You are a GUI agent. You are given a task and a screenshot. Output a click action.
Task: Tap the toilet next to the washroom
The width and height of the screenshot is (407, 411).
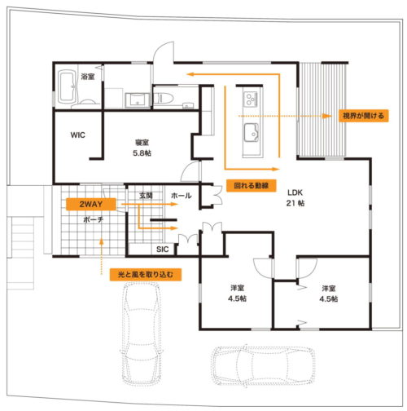point(164,98)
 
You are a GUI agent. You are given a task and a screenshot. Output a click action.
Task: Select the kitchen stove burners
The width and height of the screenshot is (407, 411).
point(251,99)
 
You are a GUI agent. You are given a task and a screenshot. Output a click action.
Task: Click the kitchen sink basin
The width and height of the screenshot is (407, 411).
point(252,132)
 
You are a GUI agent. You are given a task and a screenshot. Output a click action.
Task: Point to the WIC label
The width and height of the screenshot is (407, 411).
point(77,135)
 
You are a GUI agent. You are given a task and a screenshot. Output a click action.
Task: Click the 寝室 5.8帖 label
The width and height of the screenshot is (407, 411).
point(142,148)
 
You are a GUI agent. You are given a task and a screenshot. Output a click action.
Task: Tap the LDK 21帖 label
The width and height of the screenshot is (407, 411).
point(295,198)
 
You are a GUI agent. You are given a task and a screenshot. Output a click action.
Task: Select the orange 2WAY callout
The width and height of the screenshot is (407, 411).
point(91,204)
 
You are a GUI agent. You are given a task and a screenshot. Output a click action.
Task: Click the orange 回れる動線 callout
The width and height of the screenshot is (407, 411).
point(252,186)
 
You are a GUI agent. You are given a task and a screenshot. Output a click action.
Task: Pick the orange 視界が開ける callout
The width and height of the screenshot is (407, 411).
point(363,116)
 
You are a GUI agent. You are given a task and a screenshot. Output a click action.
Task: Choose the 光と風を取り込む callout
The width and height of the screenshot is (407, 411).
point(146,275)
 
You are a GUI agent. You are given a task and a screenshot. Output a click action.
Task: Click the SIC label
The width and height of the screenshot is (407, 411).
point(162,250)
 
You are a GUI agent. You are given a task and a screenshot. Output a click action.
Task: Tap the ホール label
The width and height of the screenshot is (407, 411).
point(182,196)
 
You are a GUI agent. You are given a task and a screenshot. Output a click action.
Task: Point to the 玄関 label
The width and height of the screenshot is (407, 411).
point(146,195)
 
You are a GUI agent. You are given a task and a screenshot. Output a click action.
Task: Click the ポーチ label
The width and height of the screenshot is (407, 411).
point(93,219)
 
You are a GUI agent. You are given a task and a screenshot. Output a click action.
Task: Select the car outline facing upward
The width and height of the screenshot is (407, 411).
point(142,334)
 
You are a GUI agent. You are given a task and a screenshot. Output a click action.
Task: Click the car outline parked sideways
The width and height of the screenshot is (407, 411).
point(263,365)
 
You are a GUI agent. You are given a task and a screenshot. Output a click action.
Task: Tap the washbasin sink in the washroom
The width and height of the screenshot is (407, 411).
point(138,99)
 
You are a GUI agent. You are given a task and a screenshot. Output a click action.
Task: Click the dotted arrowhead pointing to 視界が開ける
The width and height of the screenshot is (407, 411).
point(327,116)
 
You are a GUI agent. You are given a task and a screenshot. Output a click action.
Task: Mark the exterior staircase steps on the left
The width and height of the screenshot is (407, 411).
point(20,253)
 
